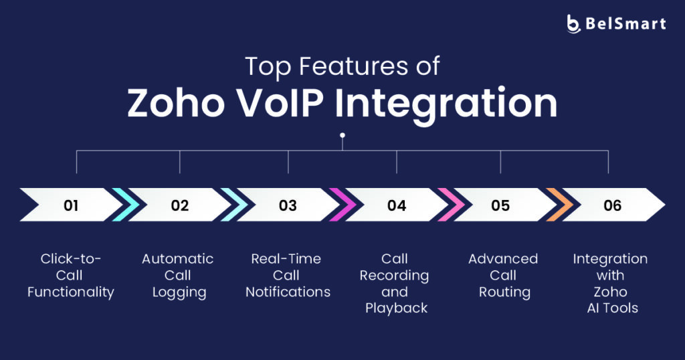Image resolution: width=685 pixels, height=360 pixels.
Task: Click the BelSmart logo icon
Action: (573, 23)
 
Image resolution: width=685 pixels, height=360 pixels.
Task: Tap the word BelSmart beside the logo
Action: (625, 23)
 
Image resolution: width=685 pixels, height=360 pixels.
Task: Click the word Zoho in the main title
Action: (176, 104)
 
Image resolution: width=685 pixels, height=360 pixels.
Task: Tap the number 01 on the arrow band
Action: (71, 205)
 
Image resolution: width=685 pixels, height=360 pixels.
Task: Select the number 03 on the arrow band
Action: (288, 205)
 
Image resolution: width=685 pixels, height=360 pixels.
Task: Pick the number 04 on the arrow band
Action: (397, 205)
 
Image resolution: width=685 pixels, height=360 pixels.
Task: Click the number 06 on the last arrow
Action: (613, 205)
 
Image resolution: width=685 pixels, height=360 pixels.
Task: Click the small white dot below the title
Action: (342, 135)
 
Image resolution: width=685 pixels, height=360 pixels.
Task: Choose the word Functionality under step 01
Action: (71, 292)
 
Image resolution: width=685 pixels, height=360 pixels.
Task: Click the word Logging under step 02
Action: (179, 292)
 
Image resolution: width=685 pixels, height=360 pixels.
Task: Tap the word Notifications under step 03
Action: (288, 292)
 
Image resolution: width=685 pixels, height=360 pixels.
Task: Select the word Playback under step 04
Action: (396, 309)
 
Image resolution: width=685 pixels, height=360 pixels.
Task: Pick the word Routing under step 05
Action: (504, 292)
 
